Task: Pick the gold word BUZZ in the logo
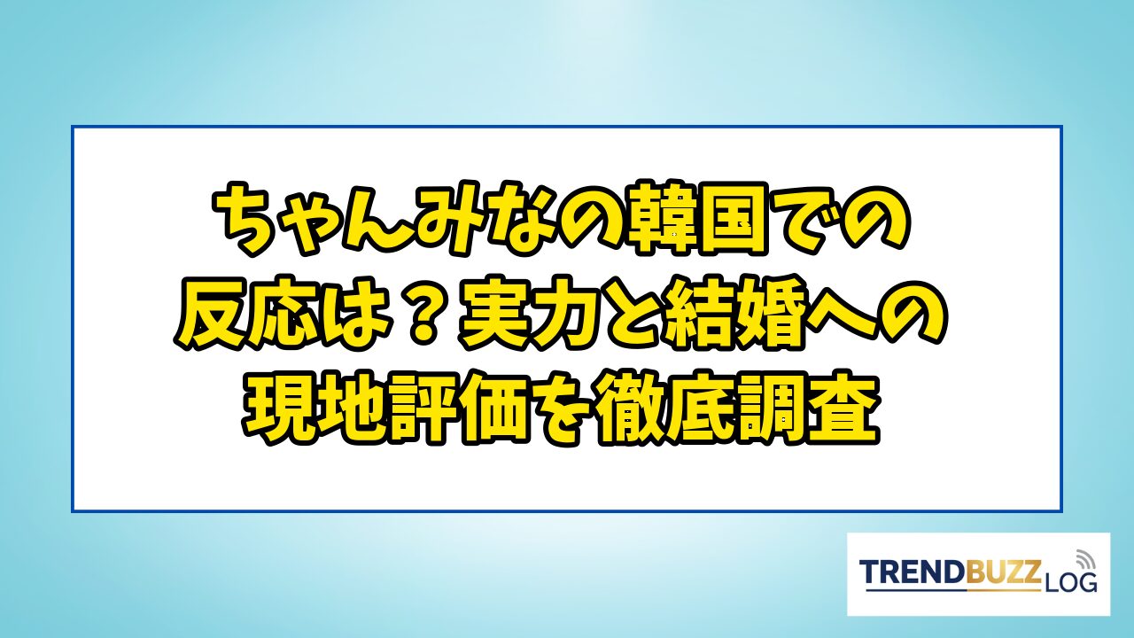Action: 1005,572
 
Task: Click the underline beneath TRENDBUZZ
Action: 952,590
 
